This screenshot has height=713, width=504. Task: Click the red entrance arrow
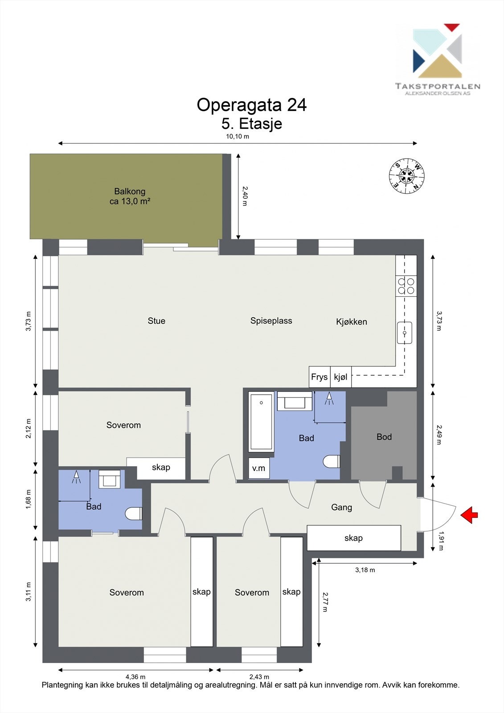(469, 515)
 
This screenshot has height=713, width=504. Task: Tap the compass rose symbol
(406, 176)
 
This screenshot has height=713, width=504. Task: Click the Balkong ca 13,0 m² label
(130, 196)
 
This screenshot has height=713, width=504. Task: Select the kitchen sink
(405, 333)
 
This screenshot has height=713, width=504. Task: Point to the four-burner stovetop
(406, 286)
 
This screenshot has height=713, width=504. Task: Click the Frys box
(320, 377)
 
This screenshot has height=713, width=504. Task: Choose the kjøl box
(340, 377)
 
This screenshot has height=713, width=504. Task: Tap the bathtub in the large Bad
(261, 421)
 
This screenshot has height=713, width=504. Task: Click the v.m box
(258, 468)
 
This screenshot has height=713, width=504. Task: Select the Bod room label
(384, 437)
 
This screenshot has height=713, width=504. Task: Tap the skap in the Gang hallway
(354, 538)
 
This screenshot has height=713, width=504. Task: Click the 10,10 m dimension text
(238, 136)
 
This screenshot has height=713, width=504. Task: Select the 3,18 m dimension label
(365, 570)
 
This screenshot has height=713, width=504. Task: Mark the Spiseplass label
(271, 321)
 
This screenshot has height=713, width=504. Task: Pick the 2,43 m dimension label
(259, 676)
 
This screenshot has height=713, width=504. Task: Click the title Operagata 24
(251, 105)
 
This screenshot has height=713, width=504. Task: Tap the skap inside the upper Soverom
(161, 467)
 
